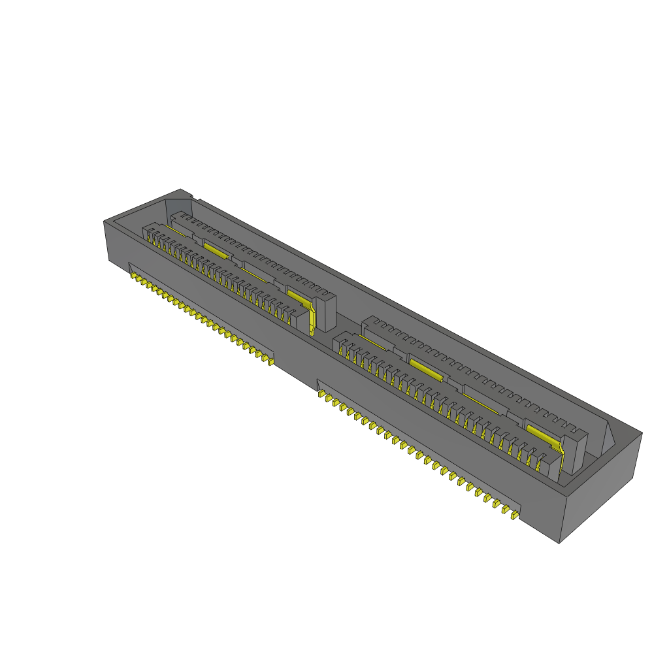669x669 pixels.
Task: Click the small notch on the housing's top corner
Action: coord(190,195)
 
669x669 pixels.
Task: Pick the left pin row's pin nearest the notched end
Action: coord(134,278)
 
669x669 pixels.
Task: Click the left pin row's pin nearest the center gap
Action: coord(269,361)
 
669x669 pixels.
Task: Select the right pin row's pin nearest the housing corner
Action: coord(514,515)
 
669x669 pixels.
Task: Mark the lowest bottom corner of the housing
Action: coord(560,542)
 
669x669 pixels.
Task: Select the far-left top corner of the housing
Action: coord(105,221)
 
